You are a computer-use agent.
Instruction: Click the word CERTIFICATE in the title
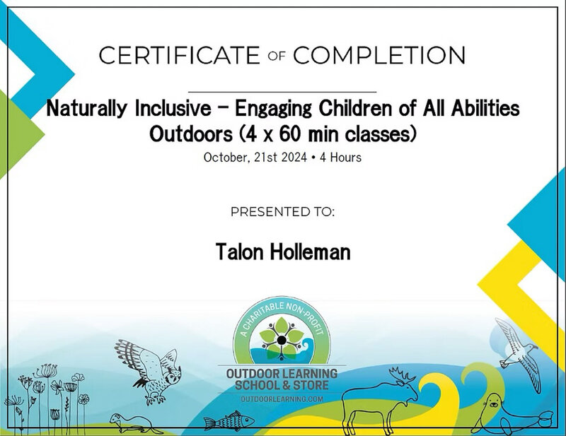pos(179,55)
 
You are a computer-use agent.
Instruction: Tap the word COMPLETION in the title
pos(379,55)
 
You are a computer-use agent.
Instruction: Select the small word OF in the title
pos(277,56)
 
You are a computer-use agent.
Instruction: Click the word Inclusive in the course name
pos(173,108)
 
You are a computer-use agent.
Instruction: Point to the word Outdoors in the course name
pos(191,134)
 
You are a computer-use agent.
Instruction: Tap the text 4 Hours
pos(340,158)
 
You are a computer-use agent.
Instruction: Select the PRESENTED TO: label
pos(282,212)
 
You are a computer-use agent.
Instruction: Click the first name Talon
pos(239,252)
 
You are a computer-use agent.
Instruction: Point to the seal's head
pos(493,401)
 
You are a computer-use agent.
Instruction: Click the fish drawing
pos(229,421)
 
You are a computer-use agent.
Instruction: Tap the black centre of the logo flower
pos(282,340)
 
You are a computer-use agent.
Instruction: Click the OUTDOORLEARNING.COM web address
pos(282,399)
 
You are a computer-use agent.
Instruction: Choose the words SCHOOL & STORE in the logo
pos(282,385)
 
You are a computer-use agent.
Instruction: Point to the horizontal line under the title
pos(282,93)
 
